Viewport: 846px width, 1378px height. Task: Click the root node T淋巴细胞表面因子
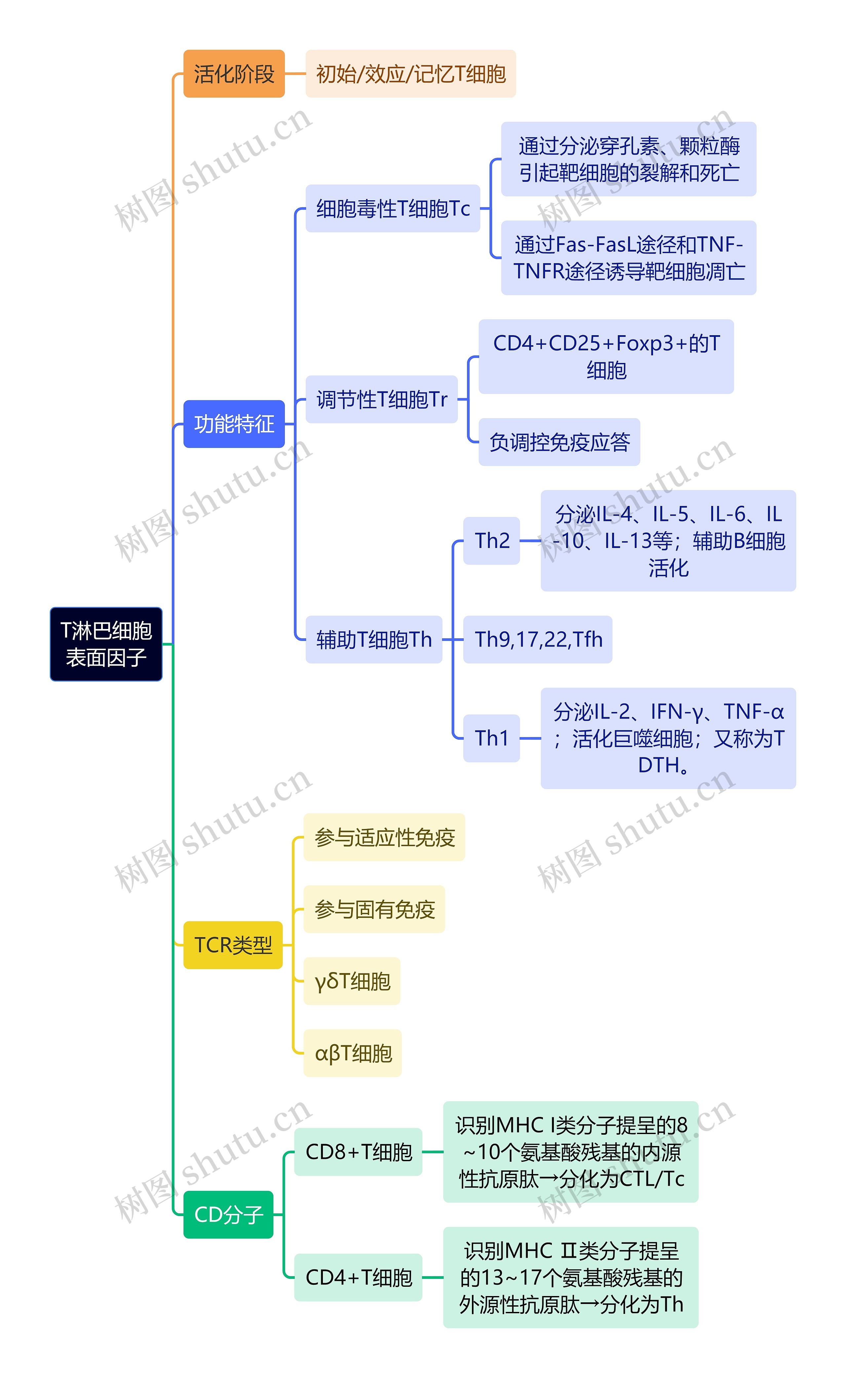pos(106,644)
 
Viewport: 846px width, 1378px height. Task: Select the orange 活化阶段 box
pos(234,74)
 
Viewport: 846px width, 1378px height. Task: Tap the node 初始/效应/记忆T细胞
pos(410,74)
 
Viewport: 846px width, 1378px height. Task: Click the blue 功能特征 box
pos(234,423)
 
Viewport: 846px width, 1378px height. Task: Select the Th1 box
pos(491,738)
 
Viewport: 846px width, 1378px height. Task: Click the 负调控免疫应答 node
pos(559,442)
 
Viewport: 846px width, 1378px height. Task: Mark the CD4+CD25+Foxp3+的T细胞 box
pos(606,356)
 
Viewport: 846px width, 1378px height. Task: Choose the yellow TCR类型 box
pos(233,945)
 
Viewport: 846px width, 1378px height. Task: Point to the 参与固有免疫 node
pos(374,909)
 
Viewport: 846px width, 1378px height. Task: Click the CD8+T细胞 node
pos(358,1152)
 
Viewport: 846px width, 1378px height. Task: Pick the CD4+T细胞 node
pos(358,1277)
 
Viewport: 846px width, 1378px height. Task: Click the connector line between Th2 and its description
pos(530,541)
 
